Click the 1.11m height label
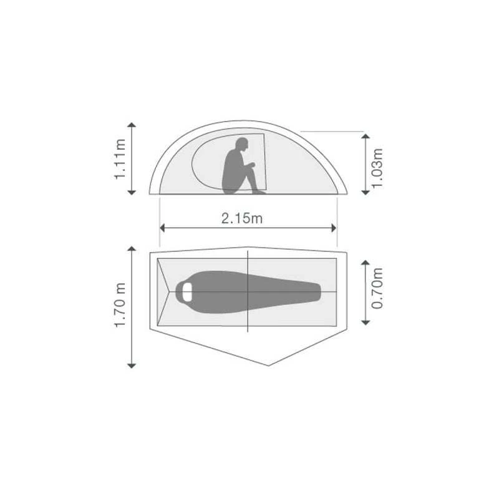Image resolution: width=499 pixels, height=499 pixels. (120, 159)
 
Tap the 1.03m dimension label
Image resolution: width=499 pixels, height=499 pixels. (377, 168)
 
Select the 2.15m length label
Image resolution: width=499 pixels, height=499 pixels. (242, 219)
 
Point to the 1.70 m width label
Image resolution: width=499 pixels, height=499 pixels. (120, 305)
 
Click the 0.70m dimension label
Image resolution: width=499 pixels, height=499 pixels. (377, 288)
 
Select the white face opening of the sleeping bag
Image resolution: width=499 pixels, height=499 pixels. (187, 291)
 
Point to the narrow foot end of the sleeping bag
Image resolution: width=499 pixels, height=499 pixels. (317, 291)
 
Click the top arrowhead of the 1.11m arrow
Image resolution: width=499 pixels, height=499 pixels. (132, 125)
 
